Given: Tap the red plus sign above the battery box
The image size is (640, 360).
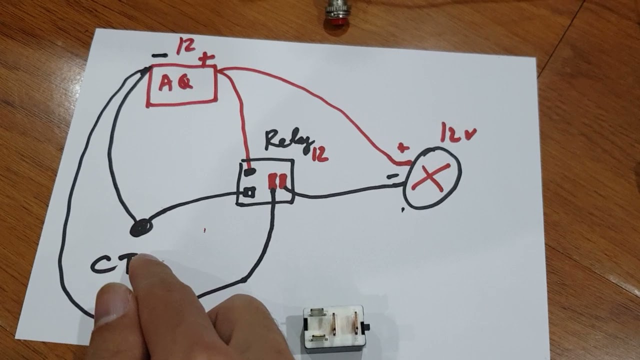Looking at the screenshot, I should pos(204,60).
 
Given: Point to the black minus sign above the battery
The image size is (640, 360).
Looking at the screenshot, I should pos(159,55).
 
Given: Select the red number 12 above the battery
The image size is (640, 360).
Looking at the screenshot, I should pos(185,47).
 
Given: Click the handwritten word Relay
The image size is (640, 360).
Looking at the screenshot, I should pos(288,139).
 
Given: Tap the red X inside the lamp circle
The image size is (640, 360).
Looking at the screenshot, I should pos(430,176).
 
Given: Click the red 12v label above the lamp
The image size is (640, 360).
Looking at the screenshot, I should pos(457,133).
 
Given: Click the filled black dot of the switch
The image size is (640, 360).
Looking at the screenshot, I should pos(141,228).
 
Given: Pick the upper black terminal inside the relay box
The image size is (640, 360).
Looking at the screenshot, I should pos(250,172).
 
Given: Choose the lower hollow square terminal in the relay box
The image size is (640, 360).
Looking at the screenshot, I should pos(250,191).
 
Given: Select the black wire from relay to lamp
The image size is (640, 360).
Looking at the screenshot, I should pos(345,192).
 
